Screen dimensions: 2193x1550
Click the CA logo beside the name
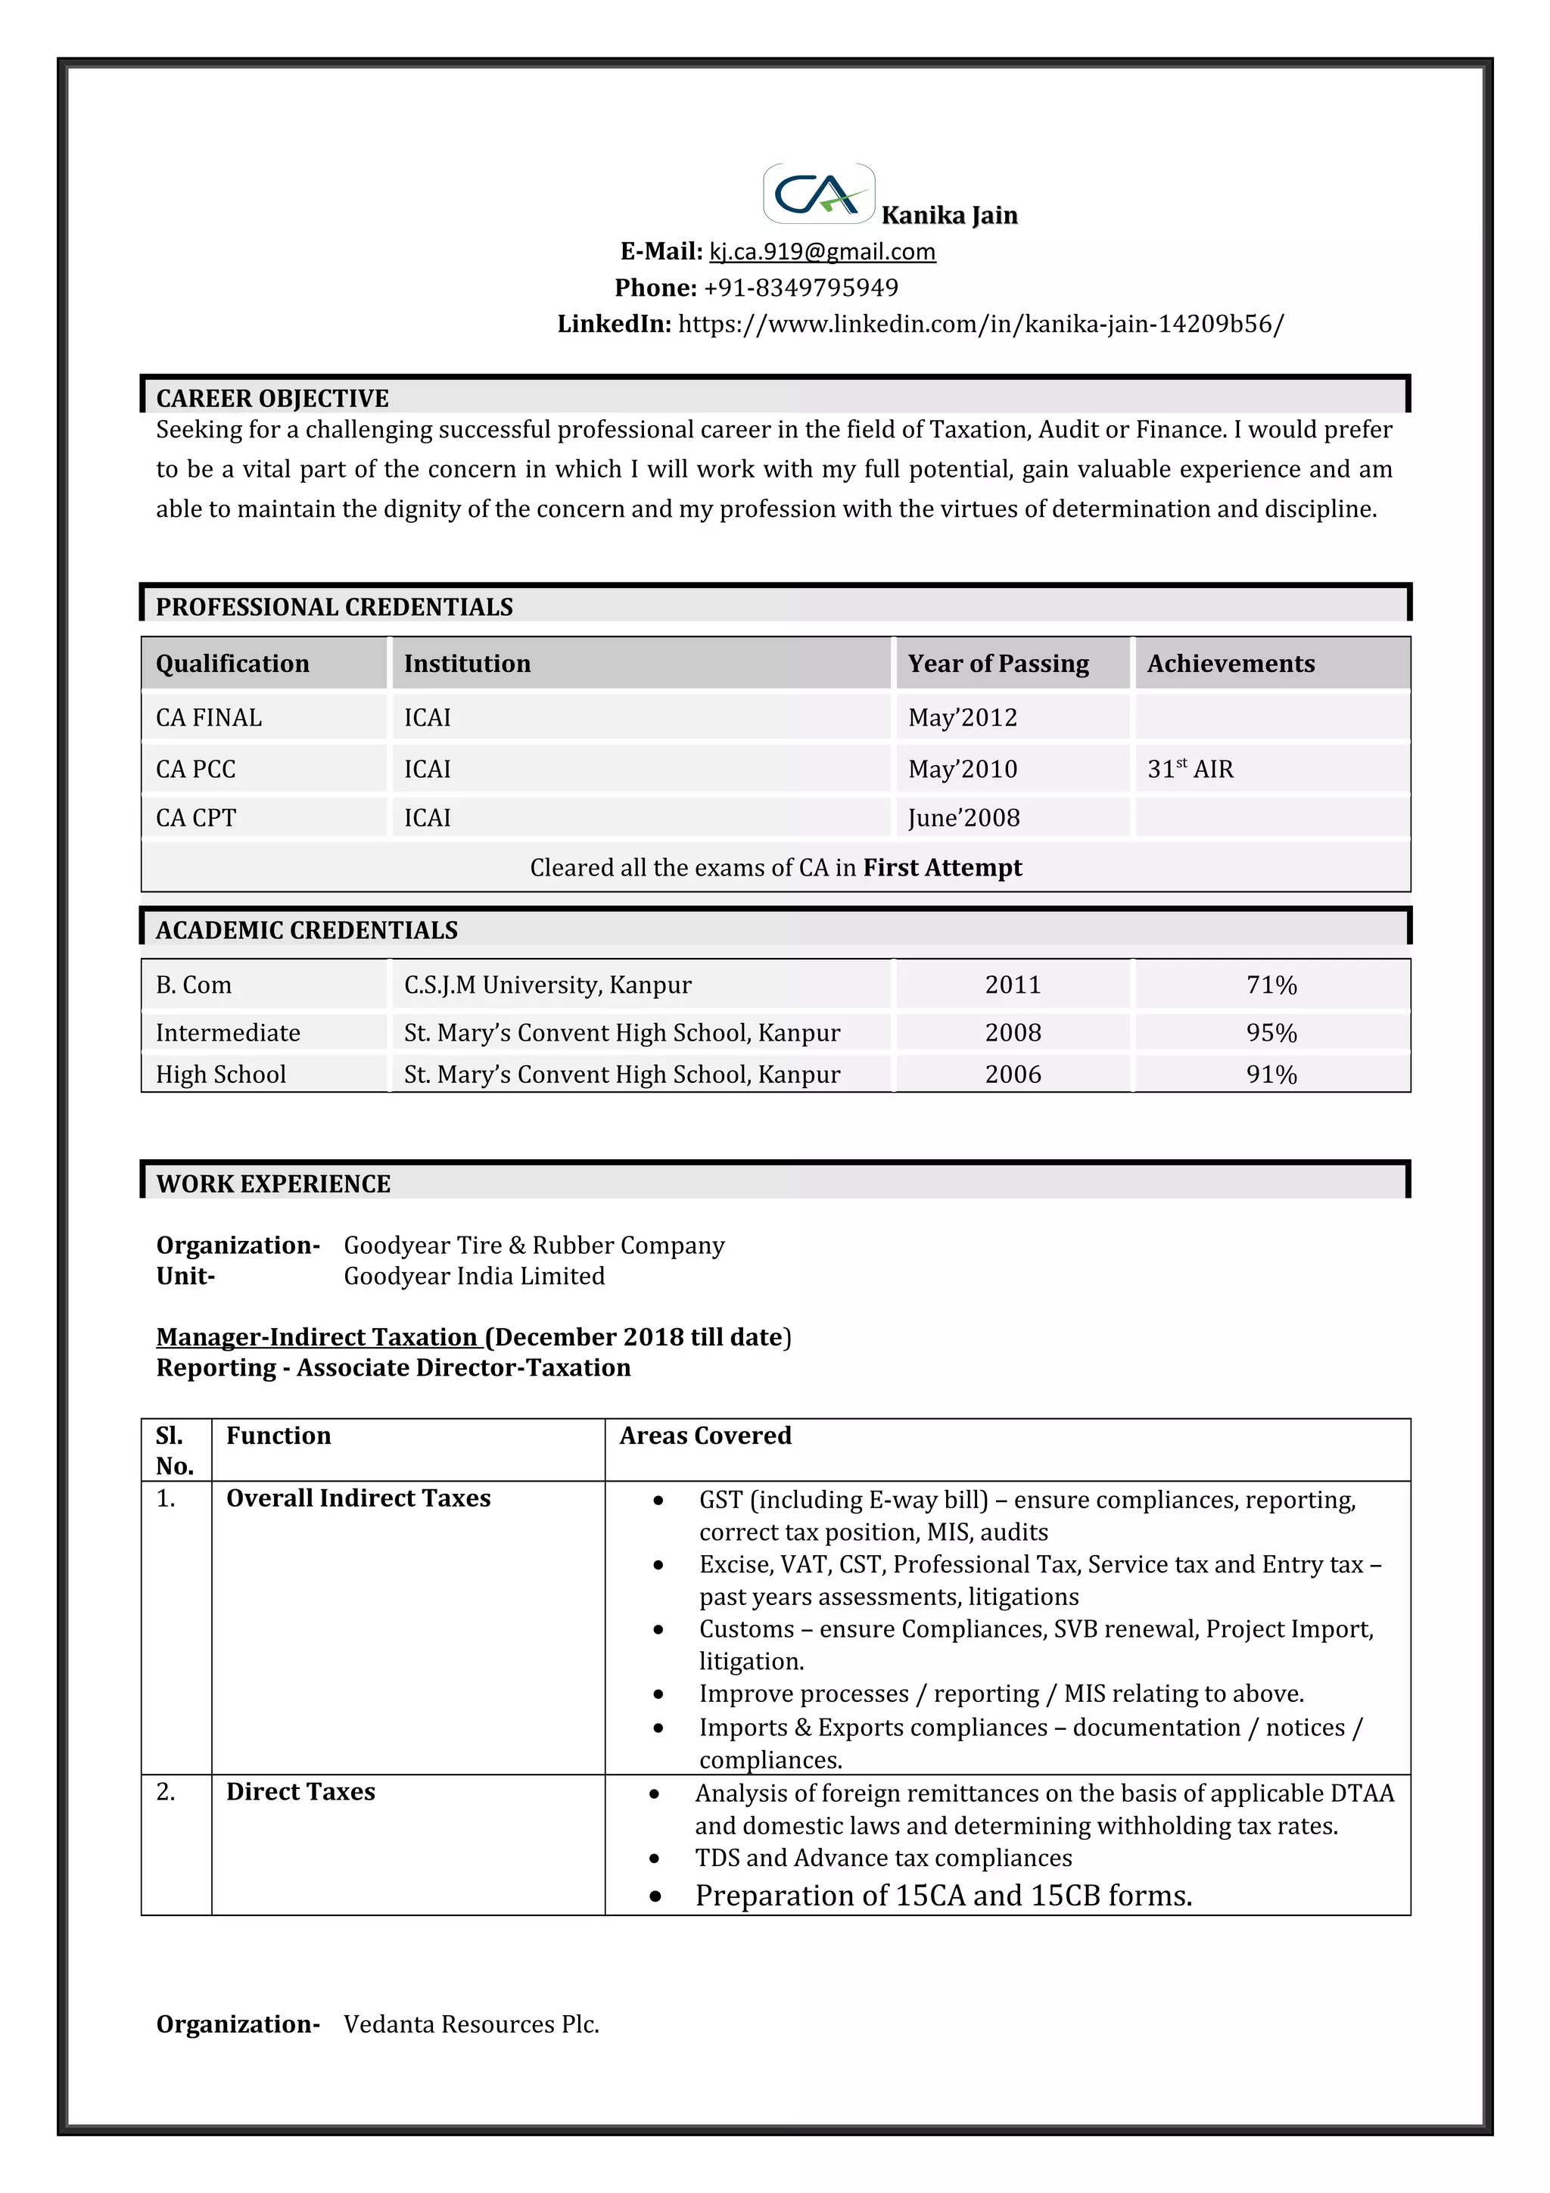[x=818, y=194]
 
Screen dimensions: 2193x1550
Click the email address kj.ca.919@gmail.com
[x=821, y=251]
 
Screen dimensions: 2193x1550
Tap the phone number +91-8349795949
[x=800, y=288]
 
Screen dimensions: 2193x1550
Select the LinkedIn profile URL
[x=981, y=324]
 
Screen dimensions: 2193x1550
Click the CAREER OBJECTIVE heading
[x=272, y=398]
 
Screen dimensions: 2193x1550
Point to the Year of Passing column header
[x=998, y=664]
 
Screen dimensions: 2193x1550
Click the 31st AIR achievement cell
[x=1190, y=769]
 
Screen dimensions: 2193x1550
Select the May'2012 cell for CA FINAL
[x=963, y=717]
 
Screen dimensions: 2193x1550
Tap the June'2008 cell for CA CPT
[x=963, y=817]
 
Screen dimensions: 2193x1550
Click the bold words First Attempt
[x=942, y=867]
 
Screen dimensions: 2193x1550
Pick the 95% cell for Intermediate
[x=1271, y=1032]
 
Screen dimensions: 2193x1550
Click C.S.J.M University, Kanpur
[x=547, y=985]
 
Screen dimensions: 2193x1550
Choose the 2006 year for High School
[x=1013, y=1075]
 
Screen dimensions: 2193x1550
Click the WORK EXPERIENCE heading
[x=273, y=1184]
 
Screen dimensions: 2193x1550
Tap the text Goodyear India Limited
[x=474, y=1276]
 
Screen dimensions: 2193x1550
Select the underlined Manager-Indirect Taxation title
[x=316, y=1337]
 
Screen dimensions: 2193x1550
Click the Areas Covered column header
[x=705, y=1436]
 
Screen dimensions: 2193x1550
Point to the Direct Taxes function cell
[x=300, y=1792]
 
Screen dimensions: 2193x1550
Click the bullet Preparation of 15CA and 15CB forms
[x=944, y=1896]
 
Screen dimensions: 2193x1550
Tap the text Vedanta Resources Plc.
[x=471, y=2024]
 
